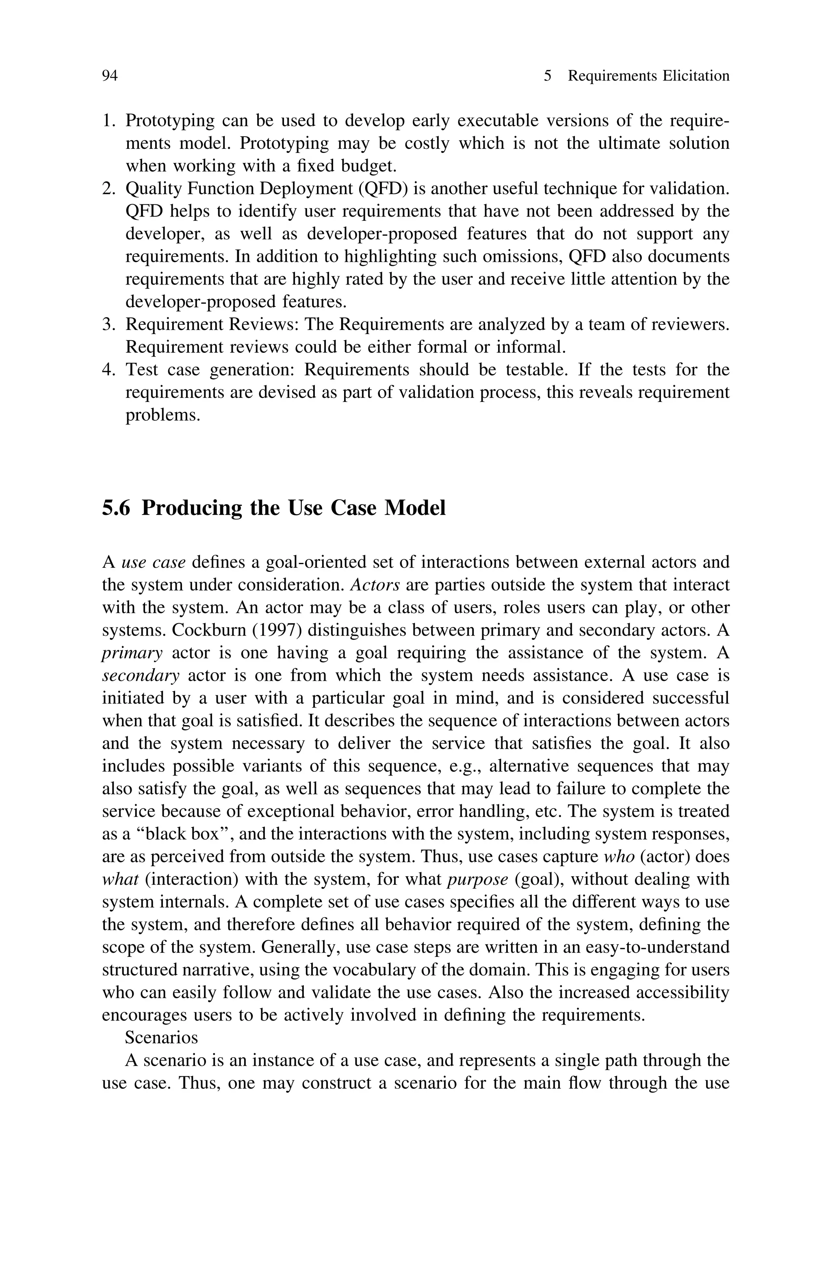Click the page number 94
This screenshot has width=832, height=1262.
coord(109,76)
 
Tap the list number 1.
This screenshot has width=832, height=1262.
coord(108,121)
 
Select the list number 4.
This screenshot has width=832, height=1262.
coord(108,369)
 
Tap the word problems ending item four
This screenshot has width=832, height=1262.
coord(162,415)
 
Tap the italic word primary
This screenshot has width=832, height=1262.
coord(132,653)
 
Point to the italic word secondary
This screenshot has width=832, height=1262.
coord(141,676)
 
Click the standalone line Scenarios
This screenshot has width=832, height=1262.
coord(161,1038)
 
